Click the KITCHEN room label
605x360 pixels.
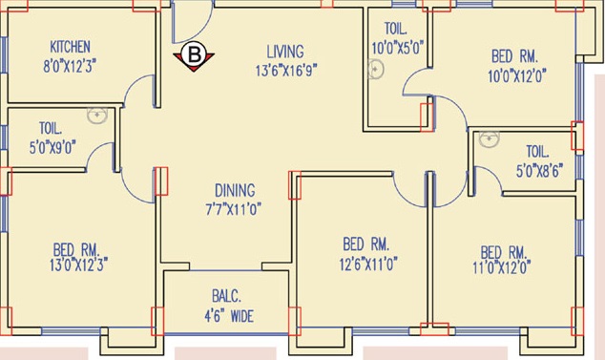click(x=70, y=47)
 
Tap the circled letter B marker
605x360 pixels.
click(x=194, y=55)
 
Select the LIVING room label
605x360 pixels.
click(x=284, y=51)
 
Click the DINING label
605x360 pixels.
click(x=234, y=189)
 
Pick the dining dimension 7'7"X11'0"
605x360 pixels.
click(x=234, y=207)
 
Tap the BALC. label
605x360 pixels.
click(x=225, y=297)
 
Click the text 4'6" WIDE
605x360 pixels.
click(x=225, y=316)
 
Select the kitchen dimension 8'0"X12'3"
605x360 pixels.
click(x=70, y=65)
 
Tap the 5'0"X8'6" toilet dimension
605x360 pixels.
click(x=536, y=171)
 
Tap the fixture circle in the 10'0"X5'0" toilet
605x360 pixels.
click(x=376, y=70)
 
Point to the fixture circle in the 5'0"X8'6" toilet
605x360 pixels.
click(x=490, y=140)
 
